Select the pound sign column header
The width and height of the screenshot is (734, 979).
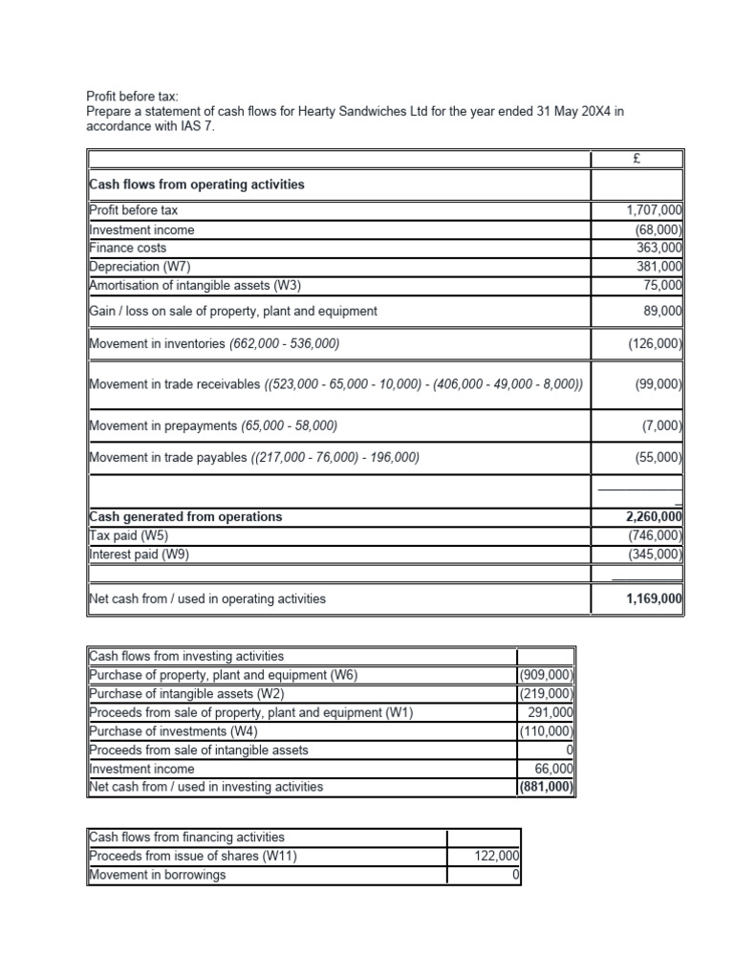[x=636, y=159]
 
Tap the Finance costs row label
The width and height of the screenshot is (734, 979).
[x=127, y=248]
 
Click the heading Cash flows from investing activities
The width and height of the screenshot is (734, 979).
[x=186, y=657]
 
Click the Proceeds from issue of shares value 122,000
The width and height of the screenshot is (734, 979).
[x=496, y=857]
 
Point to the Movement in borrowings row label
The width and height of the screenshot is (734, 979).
[x=157, y=875]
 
